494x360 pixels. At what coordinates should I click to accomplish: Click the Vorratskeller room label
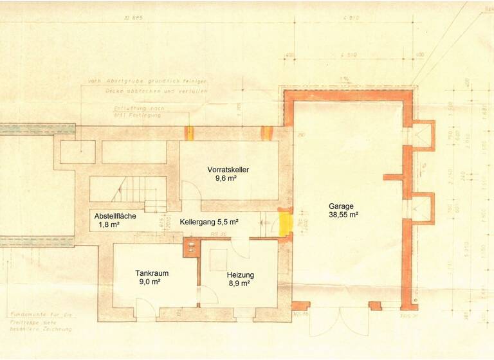click(228, 170)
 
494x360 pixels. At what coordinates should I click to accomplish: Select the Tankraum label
click(151, 272)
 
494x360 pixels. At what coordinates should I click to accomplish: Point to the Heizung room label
click(239, 274)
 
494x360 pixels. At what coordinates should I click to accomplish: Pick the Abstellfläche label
click(115, 217)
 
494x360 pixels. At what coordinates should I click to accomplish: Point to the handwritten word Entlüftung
click(129, 109)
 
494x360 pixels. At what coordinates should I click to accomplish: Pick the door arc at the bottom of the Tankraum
click(146, 310)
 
